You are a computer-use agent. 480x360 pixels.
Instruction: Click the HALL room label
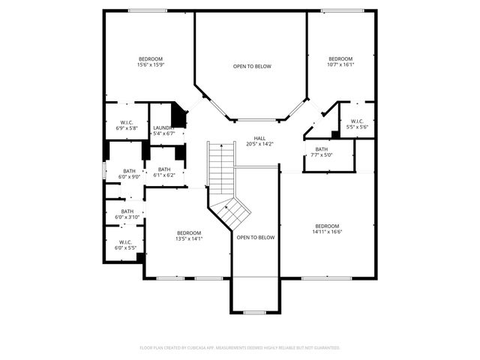(x=259, y=138)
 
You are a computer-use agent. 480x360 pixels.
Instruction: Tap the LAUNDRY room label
(x=163, y=127)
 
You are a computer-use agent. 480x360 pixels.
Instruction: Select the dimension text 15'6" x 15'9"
(x=150, y=65)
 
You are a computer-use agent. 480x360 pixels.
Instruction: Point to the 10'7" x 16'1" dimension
(x=340, y=65)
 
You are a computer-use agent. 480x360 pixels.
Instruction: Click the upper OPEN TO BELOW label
(x=252, y=67)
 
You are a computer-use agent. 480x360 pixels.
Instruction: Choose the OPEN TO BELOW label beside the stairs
(x=256, y=237)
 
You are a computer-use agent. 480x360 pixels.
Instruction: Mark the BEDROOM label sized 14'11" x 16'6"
(x=327, y=226)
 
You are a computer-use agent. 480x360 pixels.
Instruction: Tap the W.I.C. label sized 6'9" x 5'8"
(x=126, y=123)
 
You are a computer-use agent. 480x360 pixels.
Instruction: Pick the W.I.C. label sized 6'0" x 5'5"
(x=124, y=242)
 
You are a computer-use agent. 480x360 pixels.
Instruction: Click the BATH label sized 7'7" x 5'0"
(x=322, y=149)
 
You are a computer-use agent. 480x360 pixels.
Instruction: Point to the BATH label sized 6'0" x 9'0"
(x=130, y=171)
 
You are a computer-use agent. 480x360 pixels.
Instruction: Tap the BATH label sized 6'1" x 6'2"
(x=164, y=169)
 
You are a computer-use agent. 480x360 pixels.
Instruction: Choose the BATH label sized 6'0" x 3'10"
(x=127, y=211)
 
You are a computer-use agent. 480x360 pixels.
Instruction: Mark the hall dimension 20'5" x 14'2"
(x=259, y=144)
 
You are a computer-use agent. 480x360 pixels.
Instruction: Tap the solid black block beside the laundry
(x=179, y=115)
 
